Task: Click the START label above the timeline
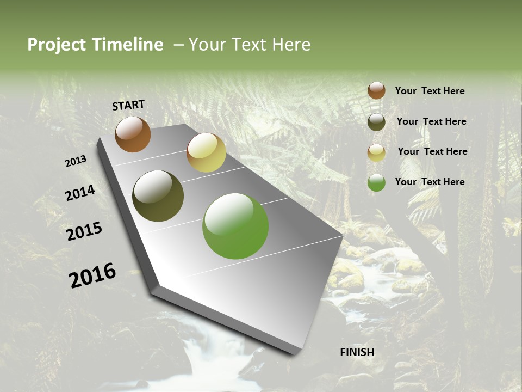tap(128, 105)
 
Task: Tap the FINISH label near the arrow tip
tap(357, 352)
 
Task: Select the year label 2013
tap(76, 161)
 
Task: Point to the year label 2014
tap(80, 193)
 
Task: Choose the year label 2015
tap(84, 231)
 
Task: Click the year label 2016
tap(92, 275)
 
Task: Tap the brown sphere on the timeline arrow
tap(133, 134)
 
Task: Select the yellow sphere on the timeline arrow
tap(206, 152)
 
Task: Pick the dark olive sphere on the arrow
tap(158, 196)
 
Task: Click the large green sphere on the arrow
tap(235, 226)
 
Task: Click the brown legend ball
tap(376, 91)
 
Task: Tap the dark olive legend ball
tap(376, 122)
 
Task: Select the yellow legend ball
tap(376, 152)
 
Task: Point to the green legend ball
tap(376, 182)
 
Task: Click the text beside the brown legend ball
tap(430, 91)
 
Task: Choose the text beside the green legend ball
tap(430, 182)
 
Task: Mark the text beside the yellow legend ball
tap(432, 151)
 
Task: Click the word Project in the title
tap(56, 45)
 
